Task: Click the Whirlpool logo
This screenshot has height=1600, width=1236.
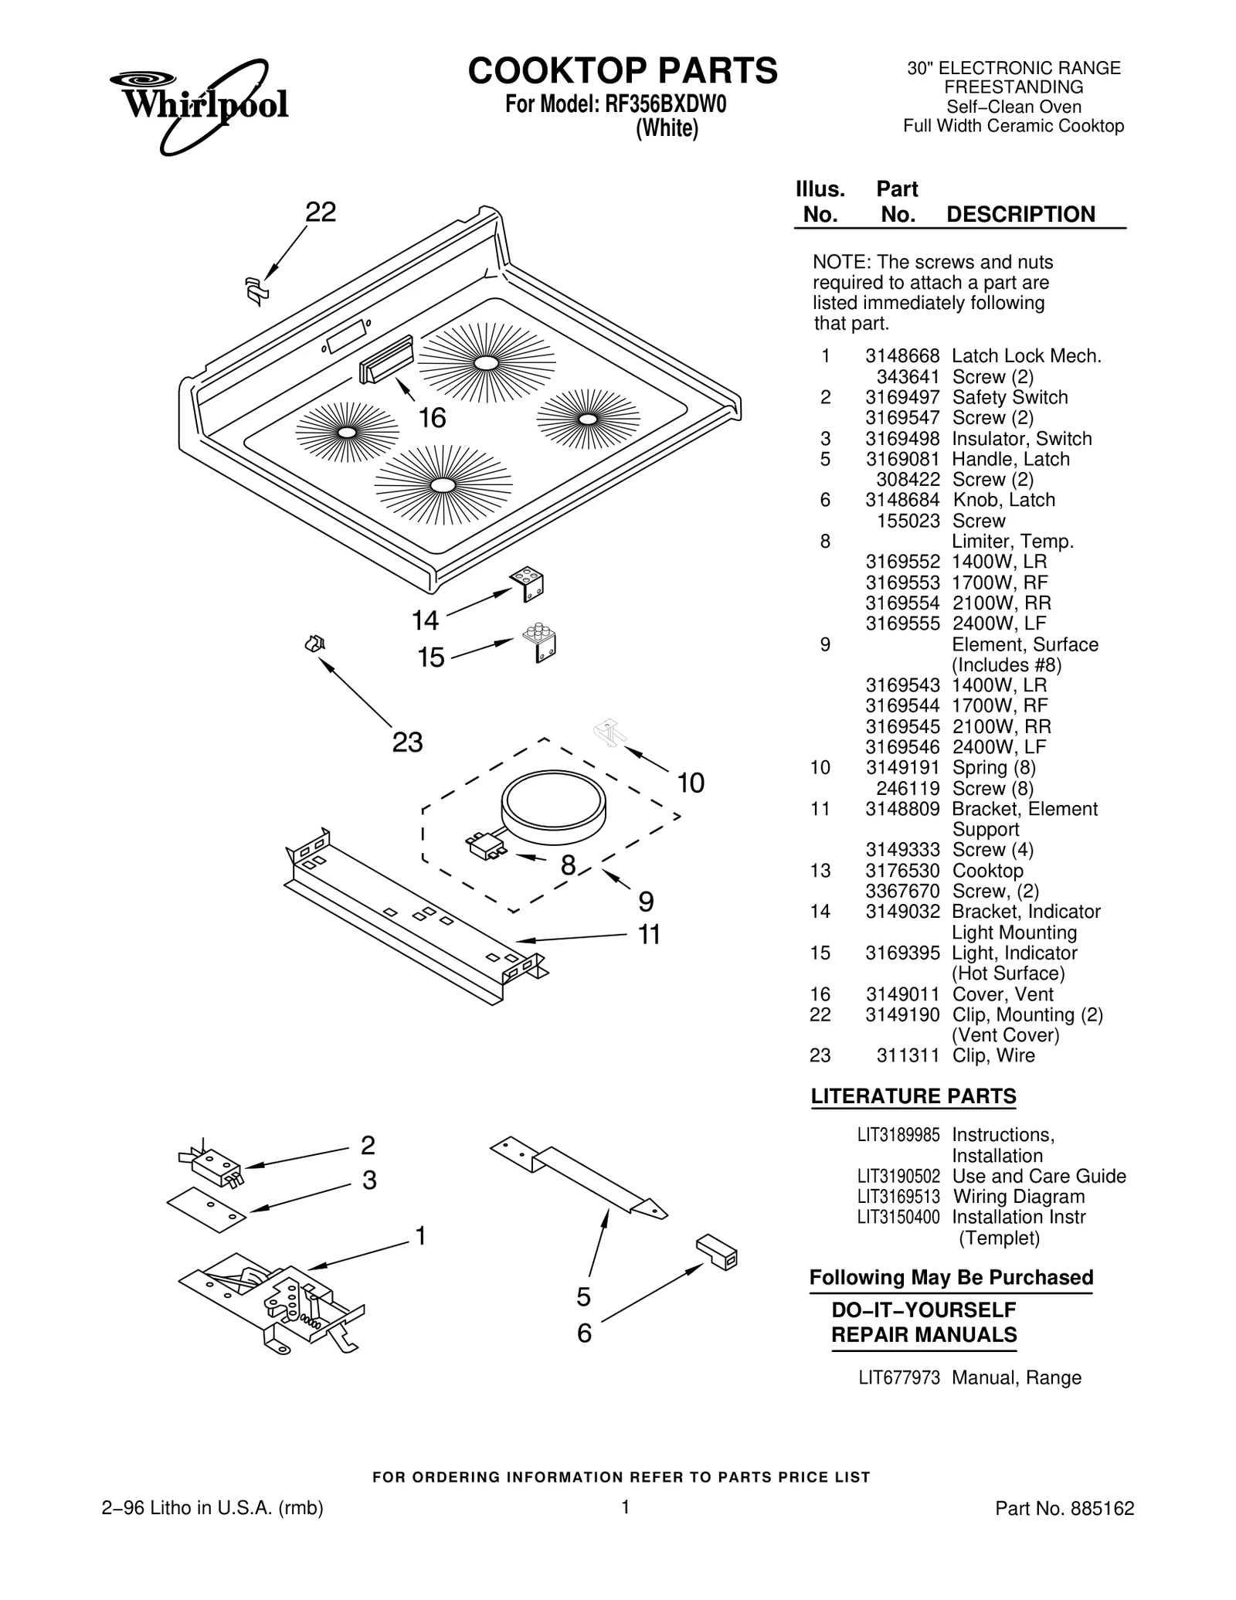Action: [x=199, y=104]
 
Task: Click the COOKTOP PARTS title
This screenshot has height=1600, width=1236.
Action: [x=623, y=71]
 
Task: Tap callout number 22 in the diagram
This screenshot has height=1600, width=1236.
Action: [x=321, y=212]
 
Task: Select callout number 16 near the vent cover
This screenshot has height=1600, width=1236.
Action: [x=432, y=418]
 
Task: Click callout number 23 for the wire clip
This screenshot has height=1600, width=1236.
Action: [x=407, y=742]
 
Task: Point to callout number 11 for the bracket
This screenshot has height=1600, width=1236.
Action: [x=649, y=935]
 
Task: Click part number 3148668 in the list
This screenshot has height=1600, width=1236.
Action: [x=902, y=356]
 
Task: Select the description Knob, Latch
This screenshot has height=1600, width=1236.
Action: [x=1003, y=500]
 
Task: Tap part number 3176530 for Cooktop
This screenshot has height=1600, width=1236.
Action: [x=902, y=871]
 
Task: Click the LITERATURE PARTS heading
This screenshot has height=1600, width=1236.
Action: [x=912, y=1096]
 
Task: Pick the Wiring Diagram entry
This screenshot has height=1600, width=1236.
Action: [x=1018, y=1197]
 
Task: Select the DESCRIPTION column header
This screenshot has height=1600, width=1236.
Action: [x=1020, y=214]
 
